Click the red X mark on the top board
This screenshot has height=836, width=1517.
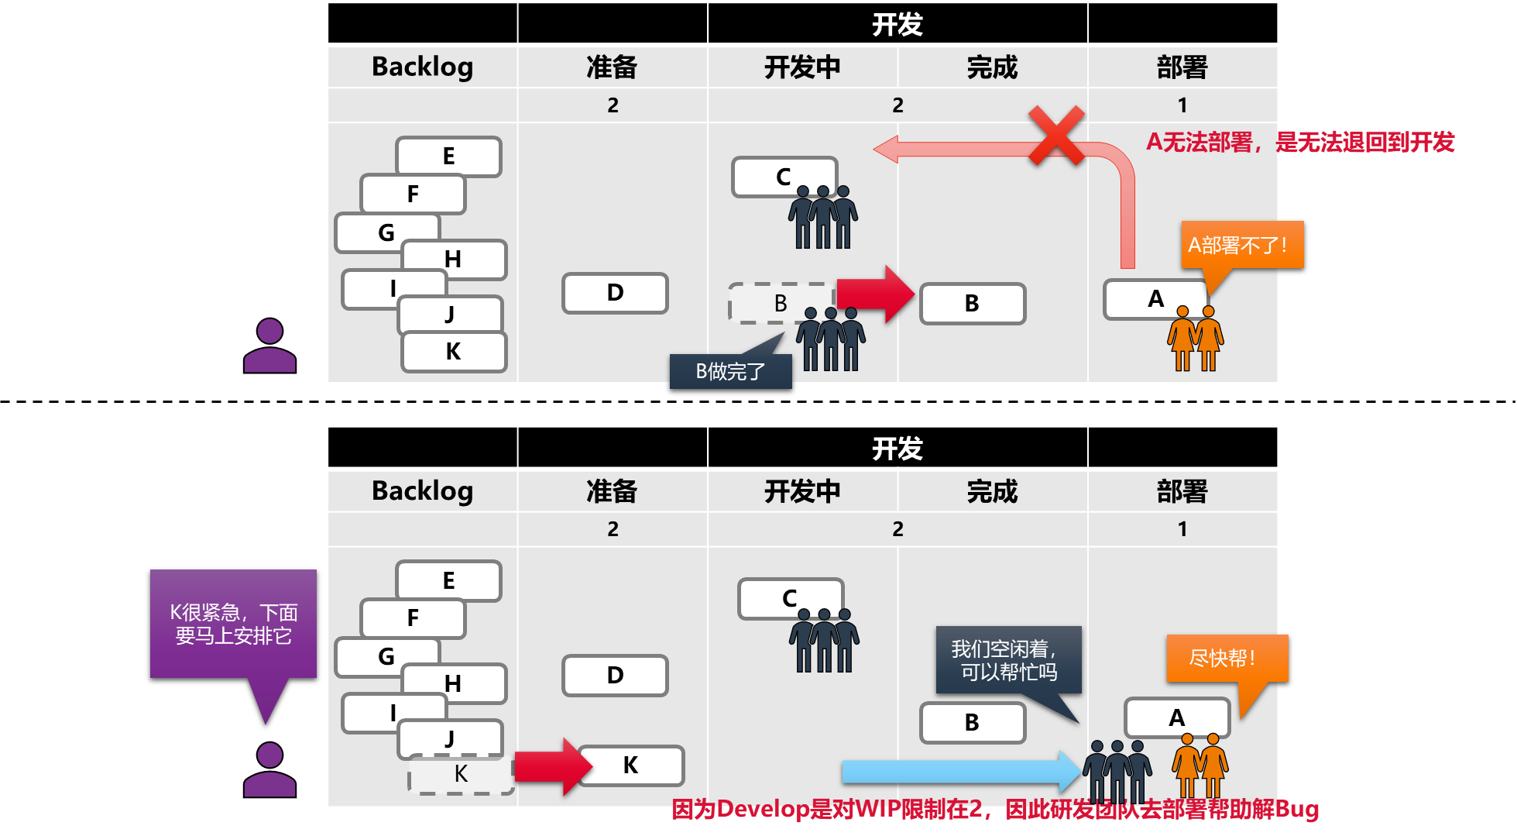click(x=1056, y=136)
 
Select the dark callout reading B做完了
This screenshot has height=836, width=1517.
click(x=730, y=371)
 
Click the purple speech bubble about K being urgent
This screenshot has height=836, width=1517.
click(x=233, y=624)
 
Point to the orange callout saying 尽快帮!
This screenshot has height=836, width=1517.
click(x=1227, y=659)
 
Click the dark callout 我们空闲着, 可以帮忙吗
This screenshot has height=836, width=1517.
click(x=1007, y=659)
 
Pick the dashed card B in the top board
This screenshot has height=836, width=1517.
click(x=781, y=303)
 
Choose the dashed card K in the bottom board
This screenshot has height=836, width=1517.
click(x=461, y=774)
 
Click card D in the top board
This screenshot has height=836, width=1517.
click(x=615, y=293)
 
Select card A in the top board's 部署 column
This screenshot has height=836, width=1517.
click(x=1155, y=299)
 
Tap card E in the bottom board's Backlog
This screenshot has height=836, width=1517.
click(x=448, y=580)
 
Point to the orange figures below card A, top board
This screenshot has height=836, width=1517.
click(x=1196, y=338)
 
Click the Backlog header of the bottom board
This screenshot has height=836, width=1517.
click(x=422, y=490)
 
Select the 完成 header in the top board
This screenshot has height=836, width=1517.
click(x=992, y=67)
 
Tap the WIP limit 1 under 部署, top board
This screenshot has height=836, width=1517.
click(x=1182, y=105)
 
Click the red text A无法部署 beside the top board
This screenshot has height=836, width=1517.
click(x=1300, y=142)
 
